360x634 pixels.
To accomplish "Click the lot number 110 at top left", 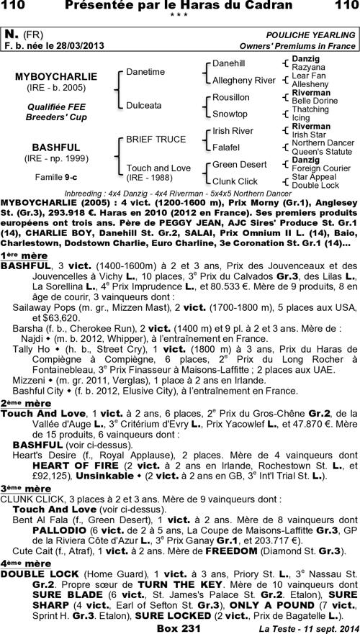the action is point(17,7).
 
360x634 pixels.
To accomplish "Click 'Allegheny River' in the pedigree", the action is point(243,80).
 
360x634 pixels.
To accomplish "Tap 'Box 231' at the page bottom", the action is point(179,627).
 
